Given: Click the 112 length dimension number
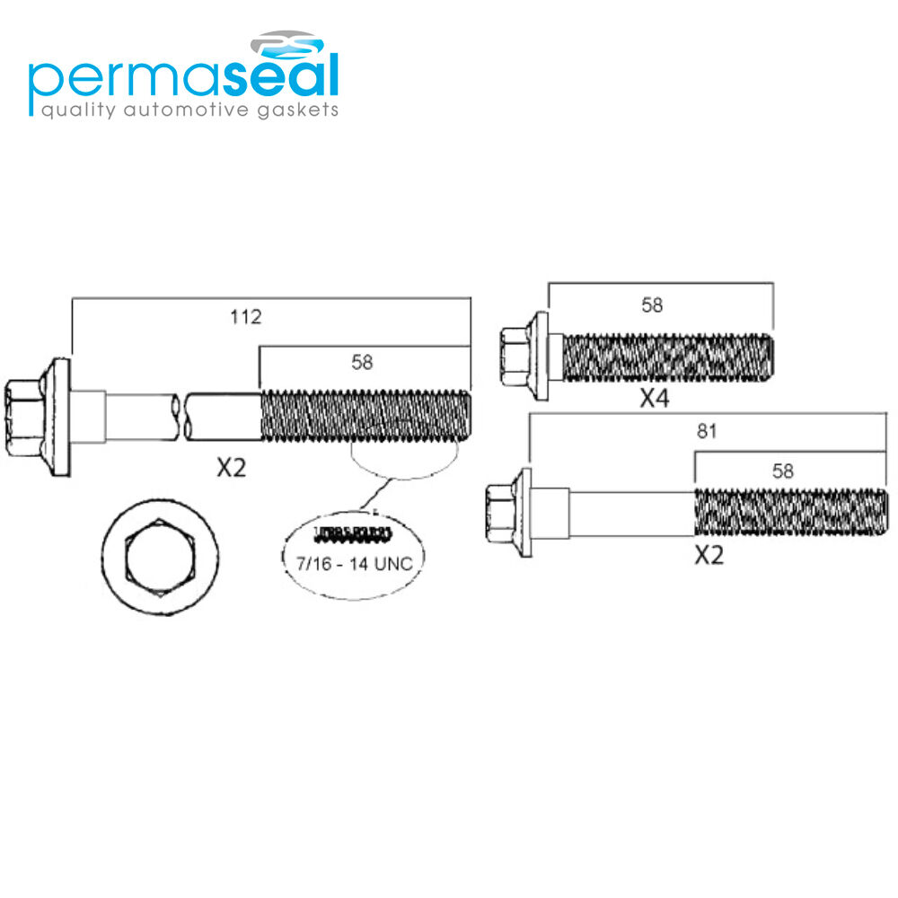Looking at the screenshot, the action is tap(246, 317).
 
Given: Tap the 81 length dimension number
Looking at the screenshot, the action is tap(707, 431).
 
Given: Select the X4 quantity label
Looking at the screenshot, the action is tap(655, 398).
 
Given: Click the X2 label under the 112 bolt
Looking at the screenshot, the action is tap(232, 468).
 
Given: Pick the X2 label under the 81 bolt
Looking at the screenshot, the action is tap(709, 555).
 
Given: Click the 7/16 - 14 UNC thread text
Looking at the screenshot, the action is tap(355, 564).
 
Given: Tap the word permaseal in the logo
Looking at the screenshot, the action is tap(184, 76).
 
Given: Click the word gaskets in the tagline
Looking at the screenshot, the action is tap(298, 110).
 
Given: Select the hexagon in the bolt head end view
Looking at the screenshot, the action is tap(161, 558).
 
